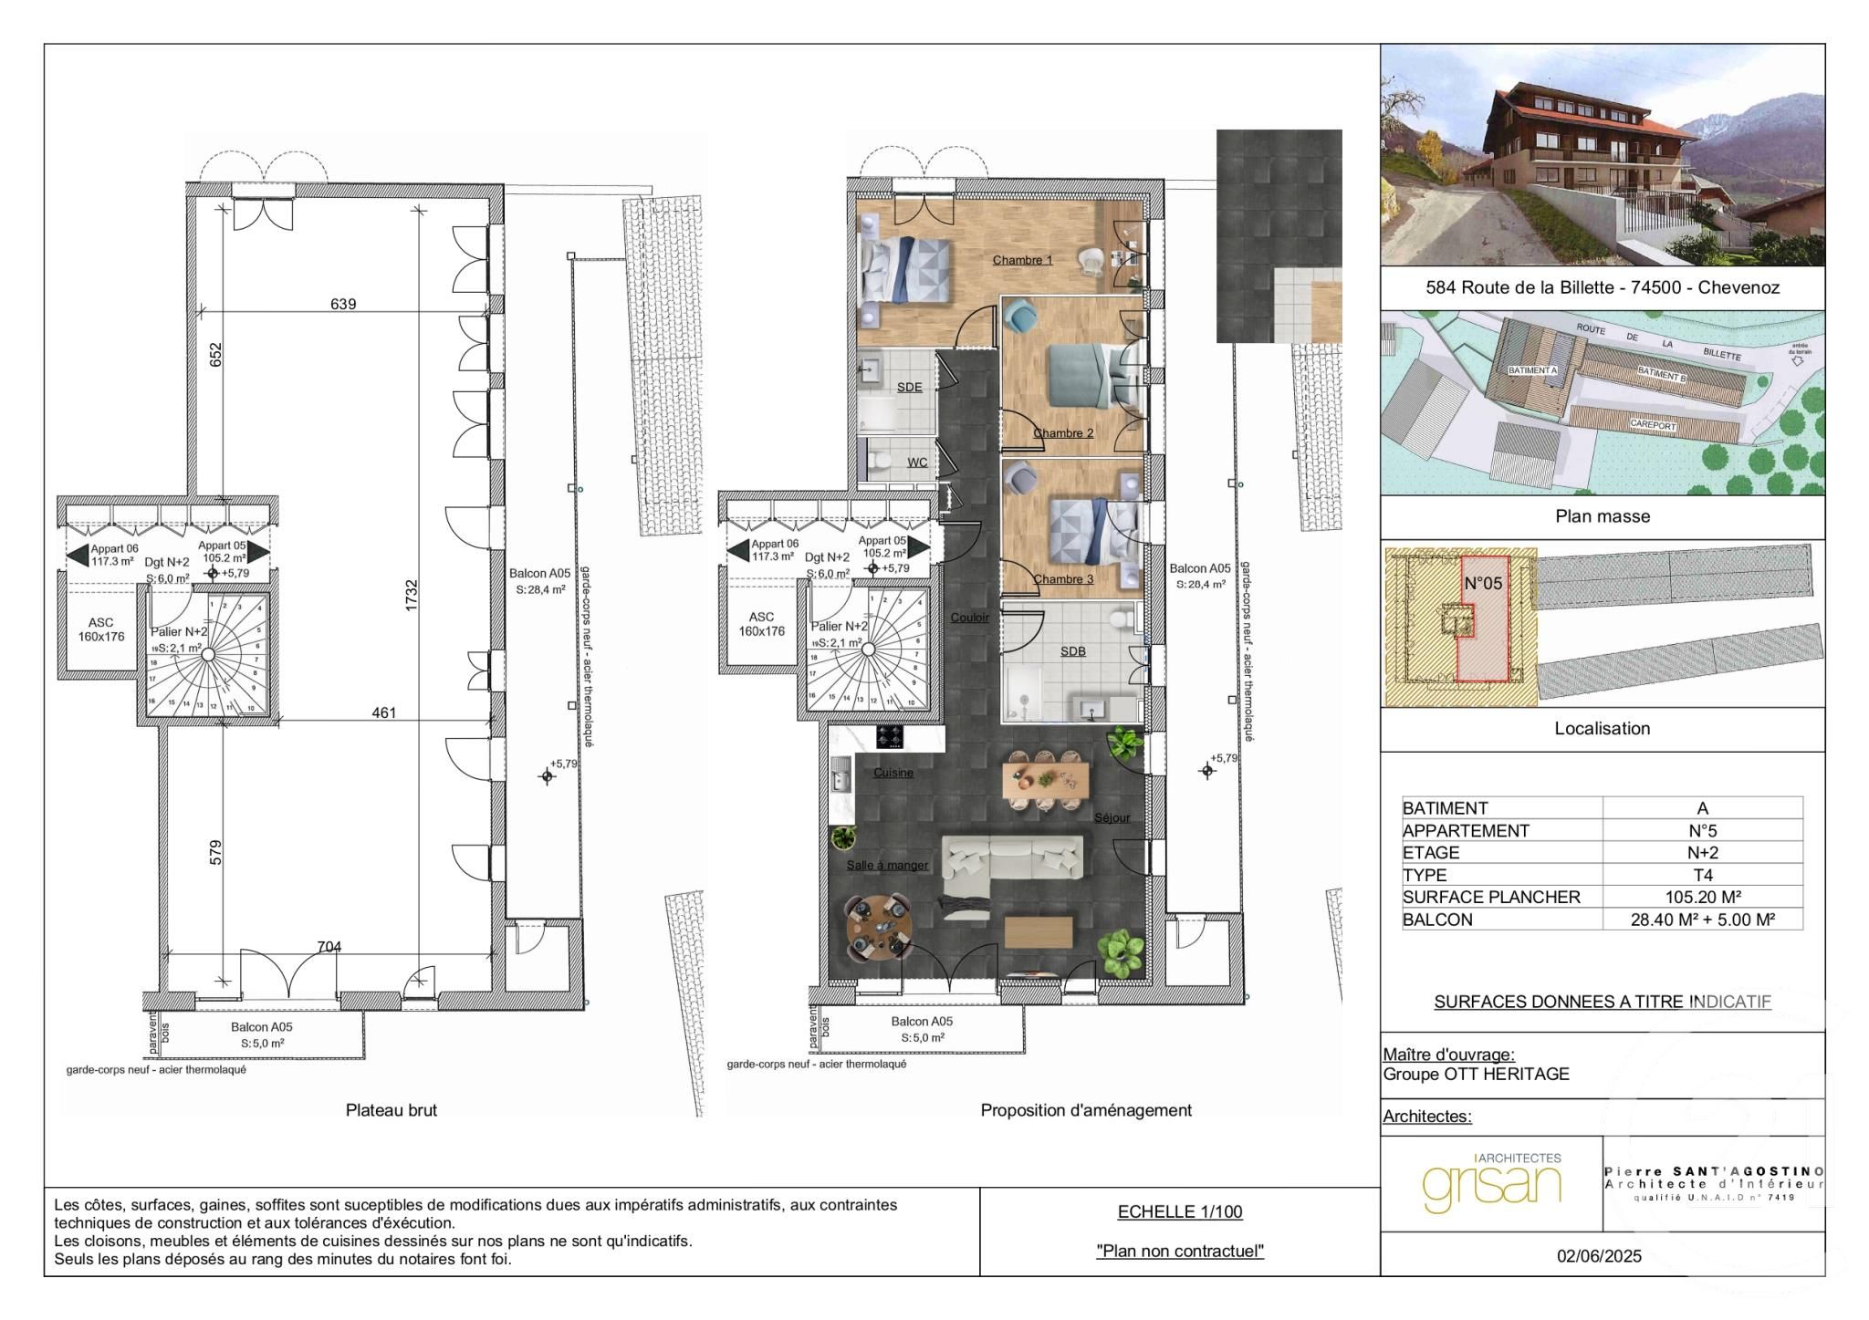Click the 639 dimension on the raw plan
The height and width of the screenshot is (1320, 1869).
coord(343,304)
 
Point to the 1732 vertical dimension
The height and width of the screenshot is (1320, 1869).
coord(412,595)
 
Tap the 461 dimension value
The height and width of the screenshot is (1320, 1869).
coord(384,712)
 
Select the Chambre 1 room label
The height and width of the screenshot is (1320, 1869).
coord(1022,260)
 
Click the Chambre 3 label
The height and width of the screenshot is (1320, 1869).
coord(1063,579)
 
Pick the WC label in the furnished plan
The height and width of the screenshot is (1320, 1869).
coord(917,463)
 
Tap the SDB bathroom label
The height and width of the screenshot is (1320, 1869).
coord(1073,651)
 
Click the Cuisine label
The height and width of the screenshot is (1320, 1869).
coord(893,773)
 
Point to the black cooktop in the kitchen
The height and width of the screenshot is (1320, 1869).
coord(890,736)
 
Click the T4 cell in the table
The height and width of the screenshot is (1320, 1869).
coord(1702,875)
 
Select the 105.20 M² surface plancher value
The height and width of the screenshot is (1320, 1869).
coord(1702,897)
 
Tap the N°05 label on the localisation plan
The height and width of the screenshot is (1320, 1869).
coord(1482,584)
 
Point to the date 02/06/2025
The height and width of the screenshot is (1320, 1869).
coord(1599,1256)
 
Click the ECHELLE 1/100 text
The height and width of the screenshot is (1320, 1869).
coord(1179,1212)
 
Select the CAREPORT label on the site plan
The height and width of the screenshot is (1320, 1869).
coord(1653,426)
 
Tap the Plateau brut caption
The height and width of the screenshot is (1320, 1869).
coord(391,1110)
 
